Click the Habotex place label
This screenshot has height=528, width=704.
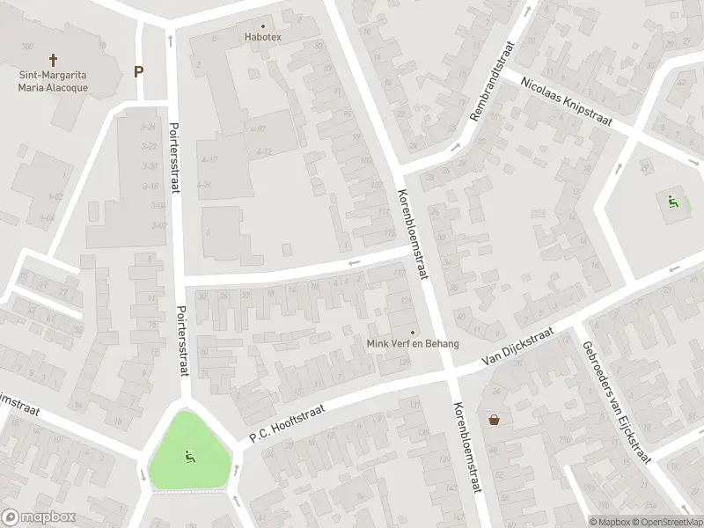261,37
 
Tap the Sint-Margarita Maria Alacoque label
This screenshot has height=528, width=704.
53,81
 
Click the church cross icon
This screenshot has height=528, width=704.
53,60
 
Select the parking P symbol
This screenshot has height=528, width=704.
138,71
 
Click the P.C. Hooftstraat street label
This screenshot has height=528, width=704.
287,422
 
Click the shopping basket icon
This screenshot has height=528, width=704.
495,419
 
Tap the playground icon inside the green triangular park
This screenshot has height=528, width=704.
188,456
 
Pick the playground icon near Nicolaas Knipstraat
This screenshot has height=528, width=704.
674,202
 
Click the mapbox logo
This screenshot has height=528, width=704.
39,517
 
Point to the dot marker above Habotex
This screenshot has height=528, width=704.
261,25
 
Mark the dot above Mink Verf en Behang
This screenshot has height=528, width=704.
412,332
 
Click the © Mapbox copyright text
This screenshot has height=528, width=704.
612,521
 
